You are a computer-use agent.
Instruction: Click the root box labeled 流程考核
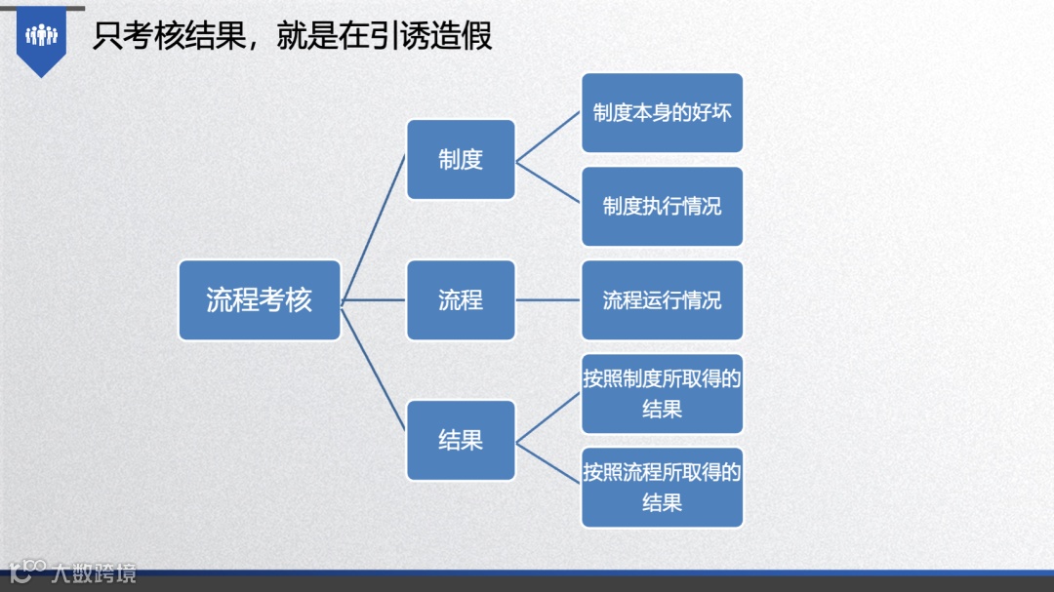tap(260, 300)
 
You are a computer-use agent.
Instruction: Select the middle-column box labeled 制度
tap(461, 160)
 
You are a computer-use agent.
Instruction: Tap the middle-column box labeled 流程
tap(461, 300)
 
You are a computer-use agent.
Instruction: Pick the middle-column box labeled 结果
tap(461, 441)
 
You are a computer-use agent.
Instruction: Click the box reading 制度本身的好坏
tap(662, 113)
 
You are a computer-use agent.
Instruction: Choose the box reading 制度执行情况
tap(662, 207)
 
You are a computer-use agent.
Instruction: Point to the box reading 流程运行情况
tap(662, 300)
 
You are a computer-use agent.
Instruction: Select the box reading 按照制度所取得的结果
tap(662, 394)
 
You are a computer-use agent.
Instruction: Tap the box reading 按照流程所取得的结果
tap(662, 488)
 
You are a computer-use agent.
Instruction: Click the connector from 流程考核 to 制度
tap(374, 228)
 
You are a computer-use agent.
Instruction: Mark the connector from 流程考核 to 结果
tap(374, 371)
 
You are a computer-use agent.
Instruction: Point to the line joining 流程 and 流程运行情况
tap(548, 300)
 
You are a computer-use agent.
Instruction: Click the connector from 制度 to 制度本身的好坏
tap(548, 137)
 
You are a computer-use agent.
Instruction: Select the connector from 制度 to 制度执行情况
tap(548, 183)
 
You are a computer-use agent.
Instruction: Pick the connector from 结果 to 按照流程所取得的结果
tap(548, 464)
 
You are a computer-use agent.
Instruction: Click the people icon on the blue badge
tap(42, 36)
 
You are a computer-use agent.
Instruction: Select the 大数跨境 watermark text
tap(94, 572)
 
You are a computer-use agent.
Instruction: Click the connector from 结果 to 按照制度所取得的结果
tap(548, 417)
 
